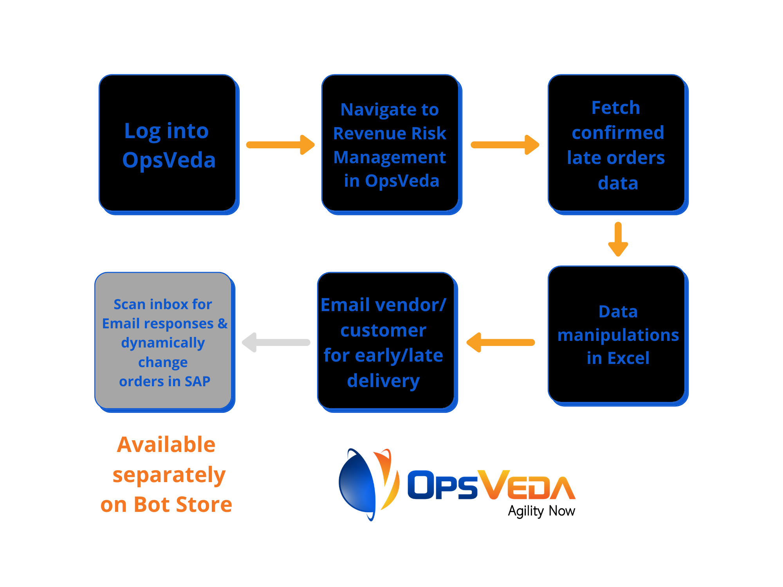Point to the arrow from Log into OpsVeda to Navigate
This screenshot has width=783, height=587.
[x=280, y=145]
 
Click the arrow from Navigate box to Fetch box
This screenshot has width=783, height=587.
[x=505, y=145]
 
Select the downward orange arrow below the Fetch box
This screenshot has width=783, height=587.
[x=618, y=239]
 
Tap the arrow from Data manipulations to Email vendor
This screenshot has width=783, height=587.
[x=501, y=342]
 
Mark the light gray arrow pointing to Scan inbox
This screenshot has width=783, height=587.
[x=276, y=342]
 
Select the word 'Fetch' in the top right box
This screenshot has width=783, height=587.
[x=616, y=108]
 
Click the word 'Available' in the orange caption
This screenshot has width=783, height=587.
[x=166, y=445]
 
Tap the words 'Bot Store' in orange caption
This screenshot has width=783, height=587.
[x=183, y=504]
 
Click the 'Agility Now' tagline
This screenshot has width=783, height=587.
[x=541, y=511]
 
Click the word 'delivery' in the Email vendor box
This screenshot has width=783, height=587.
[x=383, y=381]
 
